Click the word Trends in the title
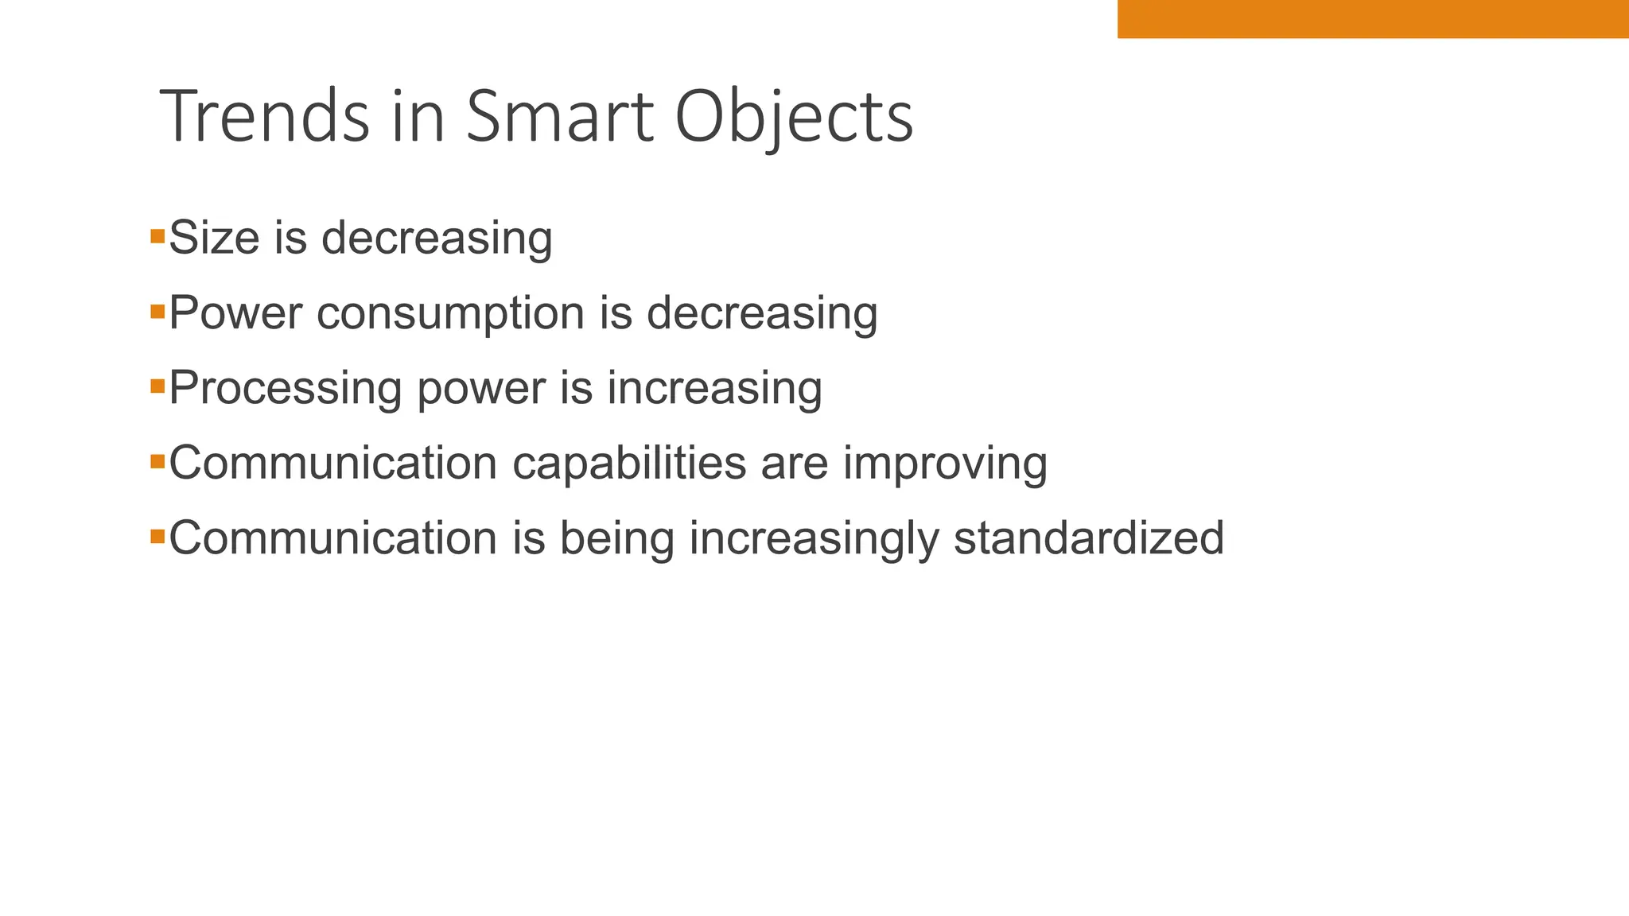point(265,117)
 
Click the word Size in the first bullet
point(214,238)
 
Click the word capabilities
point(629,464)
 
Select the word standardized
point(1089,538)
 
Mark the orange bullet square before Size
point(157,236)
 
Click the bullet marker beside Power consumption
point(157,311)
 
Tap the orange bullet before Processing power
point(157,386)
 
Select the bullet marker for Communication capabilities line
point(157,461)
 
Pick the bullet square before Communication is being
point(157,537)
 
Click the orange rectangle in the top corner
point(1373,19)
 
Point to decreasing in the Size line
point(437,239)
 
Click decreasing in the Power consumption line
point(762,314)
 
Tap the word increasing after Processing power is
point(714,390)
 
